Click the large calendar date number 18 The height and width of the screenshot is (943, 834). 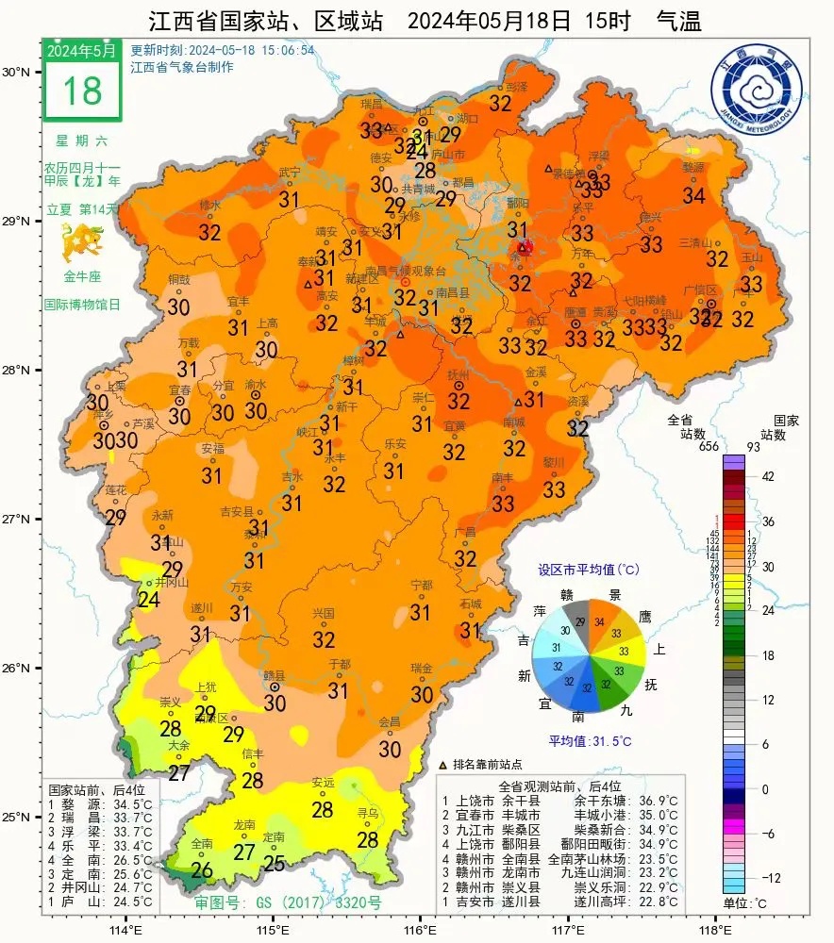point(81,91)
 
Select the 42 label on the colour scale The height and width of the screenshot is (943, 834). point(768,476)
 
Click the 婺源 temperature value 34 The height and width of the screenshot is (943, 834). point(693,195)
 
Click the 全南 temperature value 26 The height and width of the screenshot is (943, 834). point(201,869)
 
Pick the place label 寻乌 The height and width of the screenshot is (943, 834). point(367,812)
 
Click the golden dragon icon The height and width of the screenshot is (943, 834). point(81,246)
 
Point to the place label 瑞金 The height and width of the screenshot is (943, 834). point(422,668)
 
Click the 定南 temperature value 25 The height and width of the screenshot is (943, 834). point(274,862)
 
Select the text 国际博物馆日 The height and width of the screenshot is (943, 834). point(81,306)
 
